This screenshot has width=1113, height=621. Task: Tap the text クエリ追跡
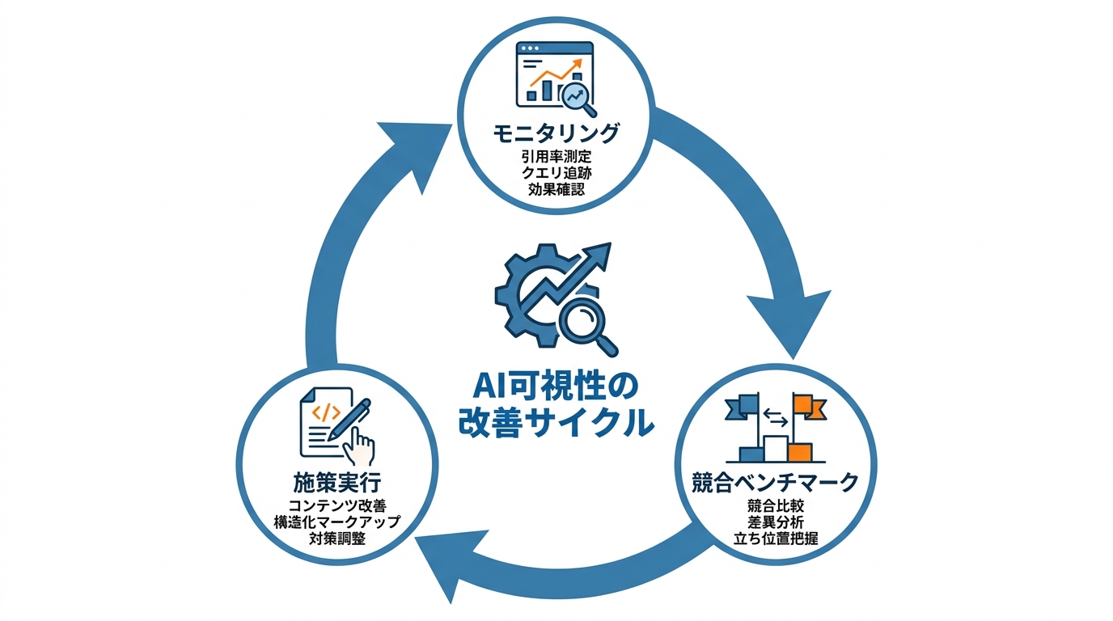556,174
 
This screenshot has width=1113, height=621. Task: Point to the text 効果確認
556,192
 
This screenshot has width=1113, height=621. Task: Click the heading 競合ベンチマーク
775,482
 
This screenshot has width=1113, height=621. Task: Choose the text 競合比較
775,506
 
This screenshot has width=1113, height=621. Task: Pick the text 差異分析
775,522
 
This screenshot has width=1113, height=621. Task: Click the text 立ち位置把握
775,539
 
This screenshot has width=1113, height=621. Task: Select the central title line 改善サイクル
556,422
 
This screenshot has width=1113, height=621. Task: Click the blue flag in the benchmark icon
744,405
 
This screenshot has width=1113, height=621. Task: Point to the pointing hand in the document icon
360,442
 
